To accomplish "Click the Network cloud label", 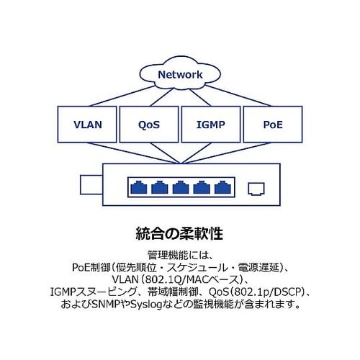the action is coord(180,75).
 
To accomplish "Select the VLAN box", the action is coord(87,125).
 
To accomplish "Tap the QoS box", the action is coord(149,125).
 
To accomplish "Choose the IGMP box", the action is coord(211,125).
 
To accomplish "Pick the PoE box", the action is coord(273,125).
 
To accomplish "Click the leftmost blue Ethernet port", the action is coord(139,187).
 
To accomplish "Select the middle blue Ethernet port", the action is coord(181,187).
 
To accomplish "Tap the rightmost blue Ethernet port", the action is coord(222,187).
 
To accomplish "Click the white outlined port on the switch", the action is coord(256,189).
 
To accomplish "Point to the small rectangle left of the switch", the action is coord(91,184).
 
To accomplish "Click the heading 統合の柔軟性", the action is coord(179,233).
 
